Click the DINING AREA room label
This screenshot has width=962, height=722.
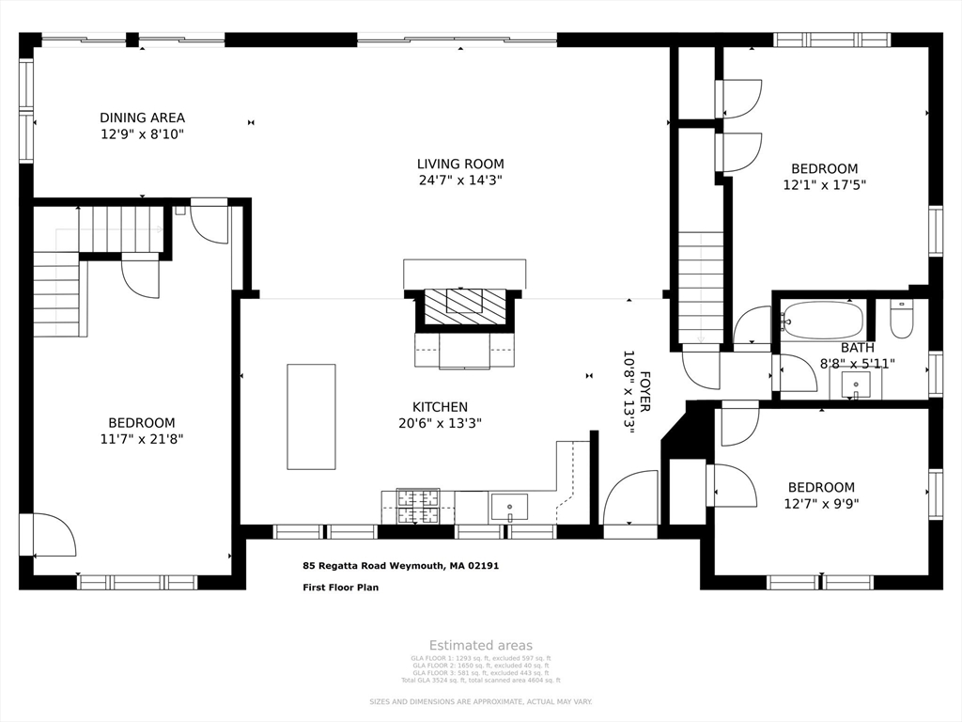(x=143, y=118)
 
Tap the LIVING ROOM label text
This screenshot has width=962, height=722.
(x=460, y=164)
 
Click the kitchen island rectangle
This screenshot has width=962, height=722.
(x=311, y=416)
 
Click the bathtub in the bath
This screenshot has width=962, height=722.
(x=823, y=321)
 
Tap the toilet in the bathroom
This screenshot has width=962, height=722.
(x=901, y=319)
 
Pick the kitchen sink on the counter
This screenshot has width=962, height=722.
(x=509, y=507)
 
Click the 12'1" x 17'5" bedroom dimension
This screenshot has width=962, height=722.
(x=824, y=185)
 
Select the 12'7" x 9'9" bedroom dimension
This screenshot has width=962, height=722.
(x=821, y=503)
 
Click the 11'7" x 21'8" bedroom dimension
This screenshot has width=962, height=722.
(x=141, y=438)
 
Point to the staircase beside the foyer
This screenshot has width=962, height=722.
(x=701, y=287)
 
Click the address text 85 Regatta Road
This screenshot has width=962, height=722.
(x=400, y=566)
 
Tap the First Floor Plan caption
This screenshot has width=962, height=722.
(x=340, y=588)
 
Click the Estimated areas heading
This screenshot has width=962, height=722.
(x=481, y=645)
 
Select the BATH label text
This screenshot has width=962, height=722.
(x=857, y=348)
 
